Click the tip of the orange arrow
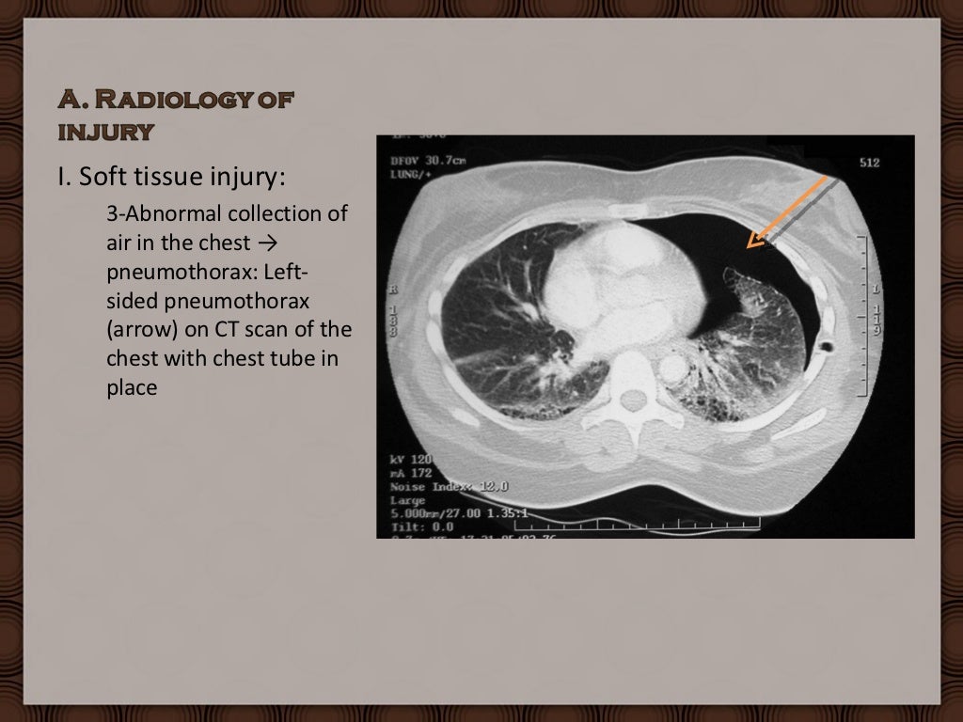(x=749, y=246)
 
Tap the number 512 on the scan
(x=869, y=163)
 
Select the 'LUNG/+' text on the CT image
(x=411, y=173)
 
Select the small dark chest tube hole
(x=827, y=347)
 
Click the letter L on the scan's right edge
(x=876, y=288)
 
